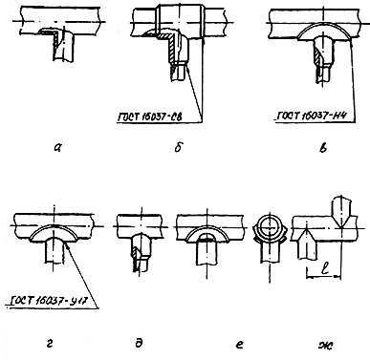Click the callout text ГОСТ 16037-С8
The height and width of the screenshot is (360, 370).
(x=151, y=117)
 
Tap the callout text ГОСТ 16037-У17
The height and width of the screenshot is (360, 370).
(x=47, y=301)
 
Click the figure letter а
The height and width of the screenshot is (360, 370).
(x=57, y=147)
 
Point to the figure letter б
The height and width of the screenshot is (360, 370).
(x=179, y=147)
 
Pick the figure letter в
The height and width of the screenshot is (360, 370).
(x=323, y=147)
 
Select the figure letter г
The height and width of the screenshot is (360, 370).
(x=50, y=344)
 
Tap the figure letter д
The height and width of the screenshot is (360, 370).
(x=139, y=343)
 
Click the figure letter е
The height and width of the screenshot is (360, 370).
(x=240, y=344)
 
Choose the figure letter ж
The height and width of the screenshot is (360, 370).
(x=326, y=345)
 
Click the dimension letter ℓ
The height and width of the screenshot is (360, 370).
(x=324, y=269)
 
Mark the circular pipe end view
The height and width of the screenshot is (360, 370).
(x=270, y=228)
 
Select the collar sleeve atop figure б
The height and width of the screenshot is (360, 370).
(x=180, y=22)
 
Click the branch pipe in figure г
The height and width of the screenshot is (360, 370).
(x=54, y=250)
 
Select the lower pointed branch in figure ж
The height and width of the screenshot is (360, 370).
(x=306, y=244)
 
